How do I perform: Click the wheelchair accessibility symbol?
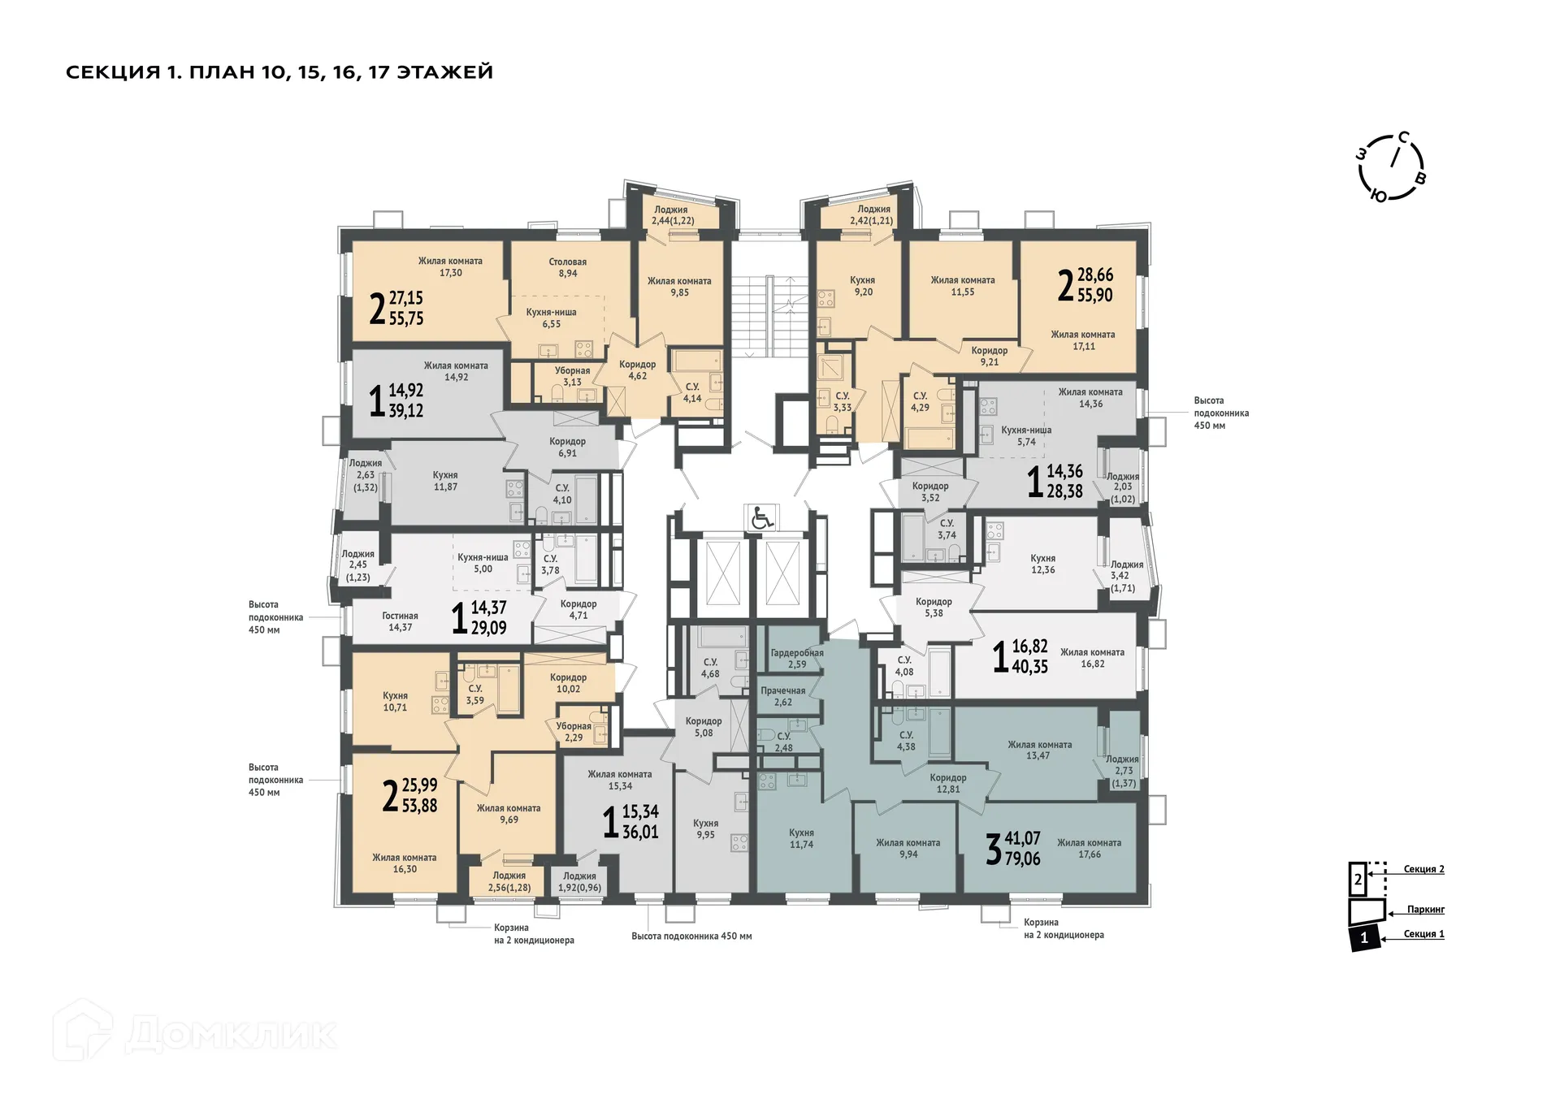tap(761, 517)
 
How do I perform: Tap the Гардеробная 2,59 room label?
tap(796, 659)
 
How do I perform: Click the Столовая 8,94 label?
tap(567, 268)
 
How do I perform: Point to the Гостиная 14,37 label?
tap(400, 621)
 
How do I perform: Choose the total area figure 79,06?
tap(1022, 859)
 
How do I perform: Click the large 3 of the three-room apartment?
tap(993, 850)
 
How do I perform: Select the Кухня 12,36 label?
tap(1042, 564)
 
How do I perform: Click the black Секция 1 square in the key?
tap(1364, 937)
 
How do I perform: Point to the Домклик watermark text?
tap(232, 1033)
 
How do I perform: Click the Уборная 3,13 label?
tap(572, 376)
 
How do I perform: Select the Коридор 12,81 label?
tap(947, 783)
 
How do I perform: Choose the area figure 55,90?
tap(1094, 296)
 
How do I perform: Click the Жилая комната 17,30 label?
tap(450, 267)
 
